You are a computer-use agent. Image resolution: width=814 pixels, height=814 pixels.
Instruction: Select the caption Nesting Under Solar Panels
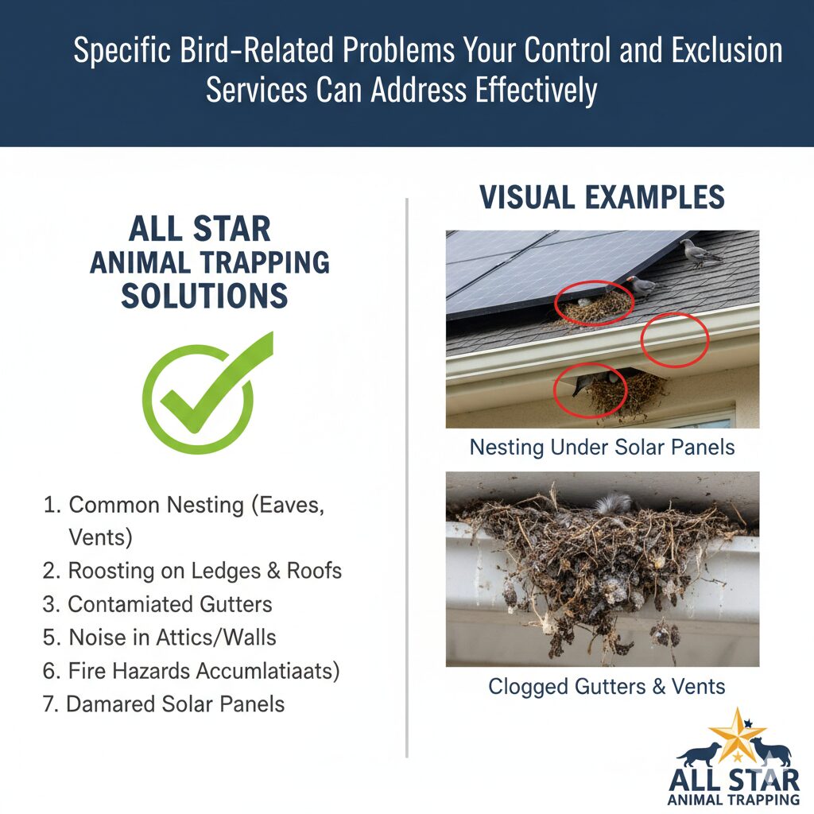(603, 447)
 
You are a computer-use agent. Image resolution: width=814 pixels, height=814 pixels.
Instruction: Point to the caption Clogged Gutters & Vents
(607, 686)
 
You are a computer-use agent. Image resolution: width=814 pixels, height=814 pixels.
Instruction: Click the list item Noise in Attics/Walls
(159, 638)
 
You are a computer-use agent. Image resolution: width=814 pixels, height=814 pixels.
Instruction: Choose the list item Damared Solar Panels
(164, 704)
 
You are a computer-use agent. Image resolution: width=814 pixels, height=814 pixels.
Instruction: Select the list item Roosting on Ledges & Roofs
(192, 571)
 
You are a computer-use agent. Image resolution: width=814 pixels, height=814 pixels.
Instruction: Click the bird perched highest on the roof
(700, 253)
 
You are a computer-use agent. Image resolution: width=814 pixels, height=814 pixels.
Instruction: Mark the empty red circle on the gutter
(675, 340)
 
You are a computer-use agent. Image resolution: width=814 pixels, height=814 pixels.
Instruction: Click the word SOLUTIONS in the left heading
(204, 296)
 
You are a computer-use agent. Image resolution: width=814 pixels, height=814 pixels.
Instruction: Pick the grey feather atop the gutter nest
(614, 503)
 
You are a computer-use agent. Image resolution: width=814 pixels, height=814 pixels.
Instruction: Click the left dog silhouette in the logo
(699, 754)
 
